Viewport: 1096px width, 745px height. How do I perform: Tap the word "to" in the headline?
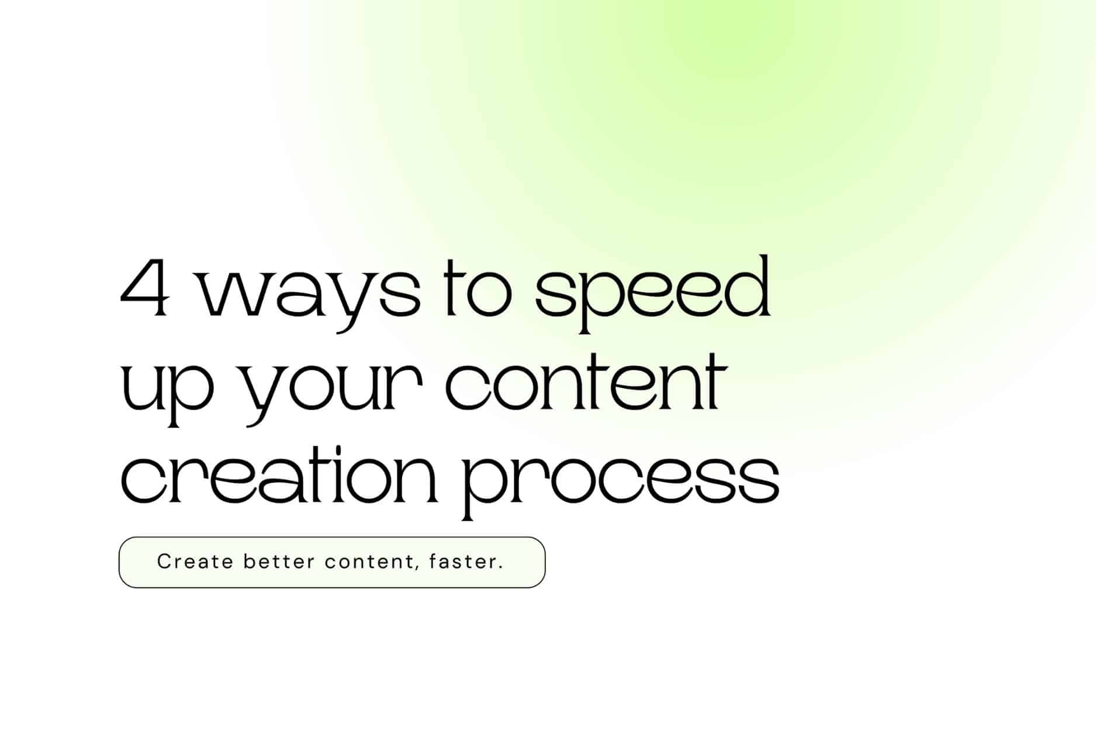(x=478, y=288)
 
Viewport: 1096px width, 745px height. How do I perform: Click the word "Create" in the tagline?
(x=195, y=562)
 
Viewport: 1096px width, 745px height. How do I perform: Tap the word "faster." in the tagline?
(x=466, y=562)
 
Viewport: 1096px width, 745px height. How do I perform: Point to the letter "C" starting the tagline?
(x=164, y=562)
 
